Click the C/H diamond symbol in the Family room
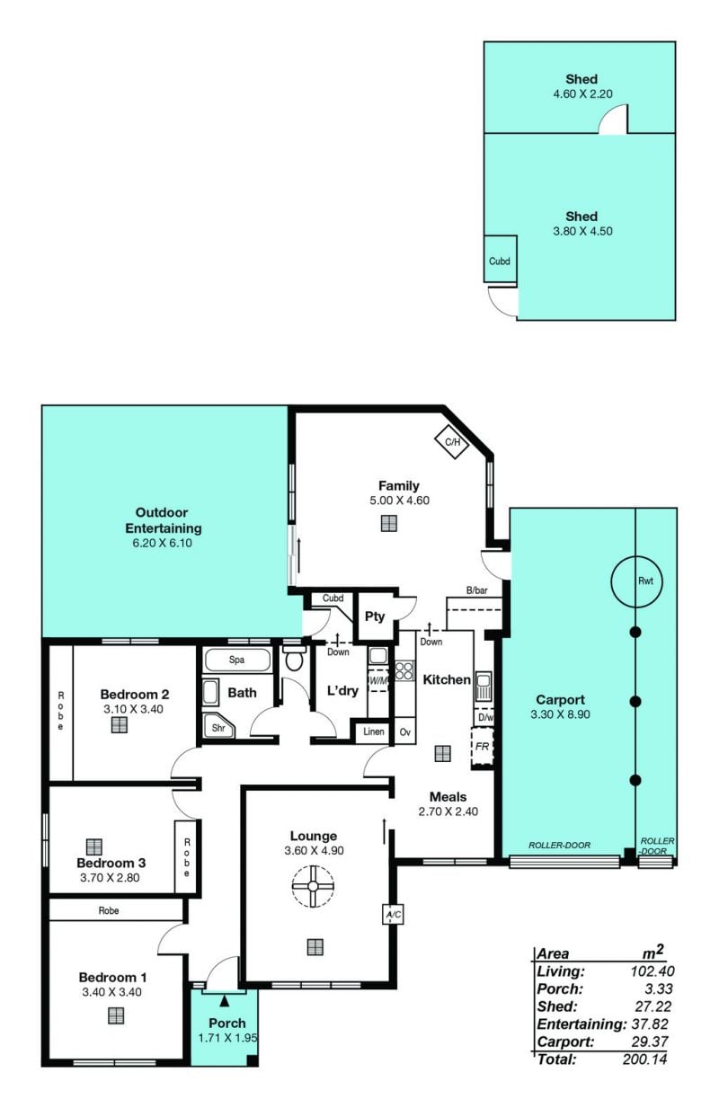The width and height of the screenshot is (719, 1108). click(x=451, y=442)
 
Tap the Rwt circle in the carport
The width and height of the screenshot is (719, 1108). click(x=636, y=581)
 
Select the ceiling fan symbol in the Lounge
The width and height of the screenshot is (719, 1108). click(x=313, y=886)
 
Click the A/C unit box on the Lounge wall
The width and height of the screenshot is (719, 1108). click(x=394, y=914)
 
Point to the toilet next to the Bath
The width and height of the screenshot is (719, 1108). click(x=295, y=660)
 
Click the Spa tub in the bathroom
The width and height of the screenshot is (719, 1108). click(x=237, y=660)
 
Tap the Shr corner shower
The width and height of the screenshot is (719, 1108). click(x=218, y=727)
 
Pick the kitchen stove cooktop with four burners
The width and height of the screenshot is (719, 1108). click(x=404, y=670)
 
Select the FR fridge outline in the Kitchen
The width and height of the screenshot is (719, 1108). click(x=482, y=748)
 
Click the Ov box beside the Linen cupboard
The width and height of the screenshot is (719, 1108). click(x=404, y=731)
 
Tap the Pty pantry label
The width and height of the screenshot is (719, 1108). click(x=375, y=616)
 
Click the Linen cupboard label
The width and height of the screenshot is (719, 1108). click(x=374, y=731)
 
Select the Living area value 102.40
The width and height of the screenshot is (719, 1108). click(x=652, y=971)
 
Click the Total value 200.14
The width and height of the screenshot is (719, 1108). click(x=644, y=1059)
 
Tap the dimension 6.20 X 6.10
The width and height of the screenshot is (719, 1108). click(x=163, y=543)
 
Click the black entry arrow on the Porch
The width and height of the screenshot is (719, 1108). click(x=225, y=1002)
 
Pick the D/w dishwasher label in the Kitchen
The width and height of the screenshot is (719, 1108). click(x=484, y=717)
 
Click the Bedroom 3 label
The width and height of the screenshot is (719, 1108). click(x=111, y=864)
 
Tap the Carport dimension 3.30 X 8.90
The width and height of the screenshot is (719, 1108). click(x=560, y=714)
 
